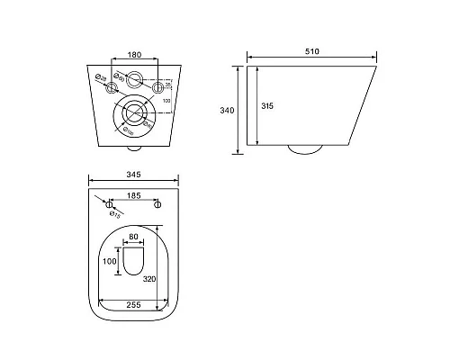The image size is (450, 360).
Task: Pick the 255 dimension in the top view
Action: tap(133, 305)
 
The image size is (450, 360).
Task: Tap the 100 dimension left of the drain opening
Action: tap(111, 262)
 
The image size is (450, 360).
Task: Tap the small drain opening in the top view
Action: tap(134, 264)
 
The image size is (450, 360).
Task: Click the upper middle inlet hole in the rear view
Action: tap(135, 78)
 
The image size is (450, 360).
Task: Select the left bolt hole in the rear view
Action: tap(111, 88)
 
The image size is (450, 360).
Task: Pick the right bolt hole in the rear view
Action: tap(160, 88)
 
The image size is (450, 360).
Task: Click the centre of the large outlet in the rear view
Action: tap(135, 113)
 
